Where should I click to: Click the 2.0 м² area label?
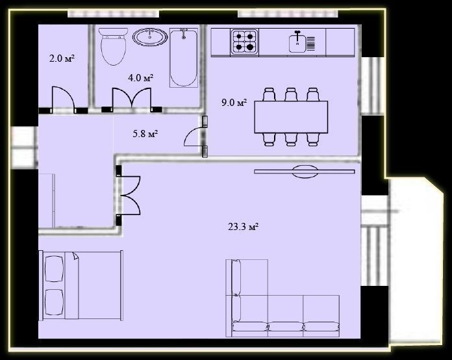pyautogui.click(x=62, y=59)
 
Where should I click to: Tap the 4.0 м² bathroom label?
pyautogui.click(x=140, y=77)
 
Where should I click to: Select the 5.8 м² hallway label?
pyautogui.click(x=145, y=134)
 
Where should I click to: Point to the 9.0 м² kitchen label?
pyautogui.click(x=234, y=103)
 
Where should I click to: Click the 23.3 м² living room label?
pyautogui.click(x=243, y=227)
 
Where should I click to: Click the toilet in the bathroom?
pyautogui.click(x=113, y=46)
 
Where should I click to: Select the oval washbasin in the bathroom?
pyautogui.click(x=150, y=37)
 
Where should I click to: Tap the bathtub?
pyautogui.click(x=184, y=58)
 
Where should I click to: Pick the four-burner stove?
pyautogui.click(x=244, y=41)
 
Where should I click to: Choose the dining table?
pyautogui.click(x=291, y=117)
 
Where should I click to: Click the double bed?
pyautogui.click(x=81, y=285)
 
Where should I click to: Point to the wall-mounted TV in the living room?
pyautogui.click(x=305, y=172)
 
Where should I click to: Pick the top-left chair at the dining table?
pyautogui.click(x=270, y=94)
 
